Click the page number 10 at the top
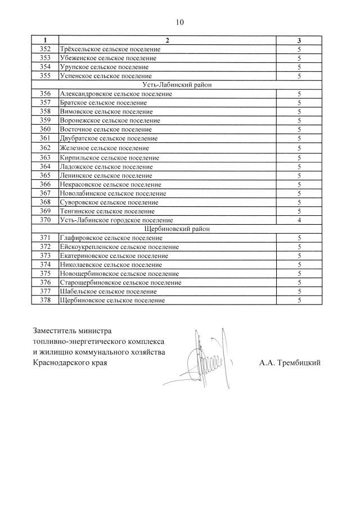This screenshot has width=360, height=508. coord(179,22)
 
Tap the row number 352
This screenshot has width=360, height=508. coord(46,49)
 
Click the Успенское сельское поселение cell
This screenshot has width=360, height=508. coord(105,76)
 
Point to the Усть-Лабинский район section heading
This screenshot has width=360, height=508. coord(176,85)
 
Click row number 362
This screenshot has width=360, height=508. coord(46,148)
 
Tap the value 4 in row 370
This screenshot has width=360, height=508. coord(299,220)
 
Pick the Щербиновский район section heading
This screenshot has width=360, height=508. coord(176,229)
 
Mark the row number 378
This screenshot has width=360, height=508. coord(46,301)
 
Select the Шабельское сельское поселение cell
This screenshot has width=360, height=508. coord(108,292)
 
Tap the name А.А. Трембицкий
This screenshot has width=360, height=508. coord(290,363)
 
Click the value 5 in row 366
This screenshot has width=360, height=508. coord(299,184)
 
